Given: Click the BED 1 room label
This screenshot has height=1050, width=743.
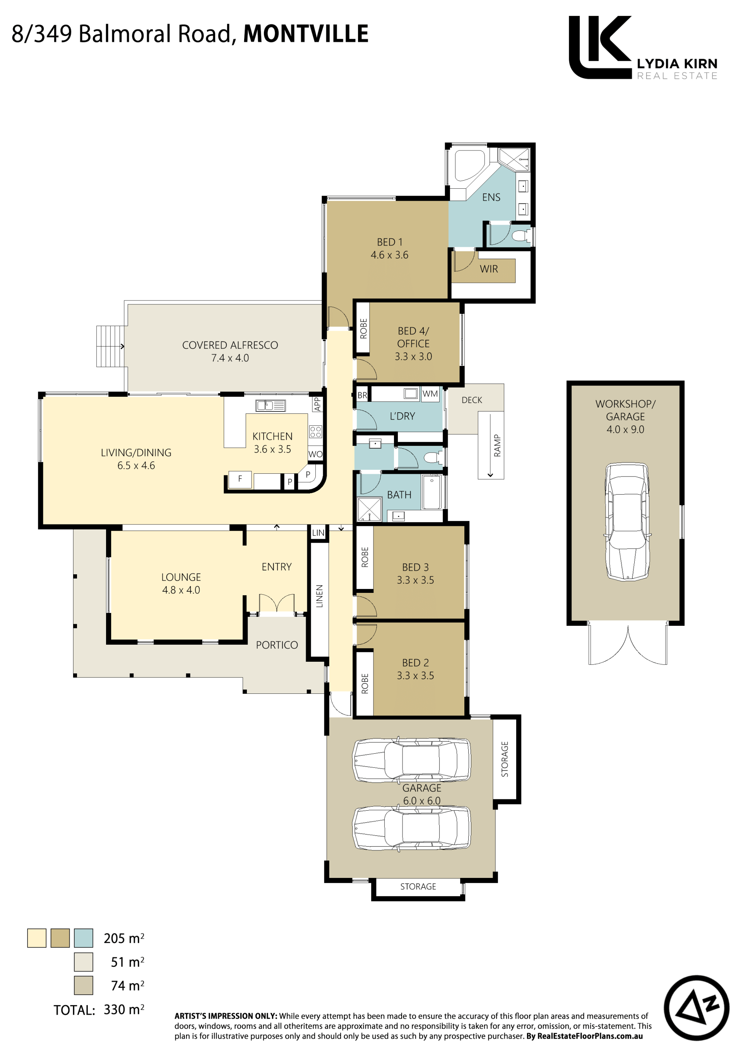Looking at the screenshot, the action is click(x=389, y=242).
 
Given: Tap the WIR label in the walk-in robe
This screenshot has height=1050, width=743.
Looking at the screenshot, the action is click(x=489, y=269).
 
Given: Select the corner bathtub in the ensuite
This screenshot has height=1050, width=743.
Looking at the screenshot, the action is click(x=469, y=166).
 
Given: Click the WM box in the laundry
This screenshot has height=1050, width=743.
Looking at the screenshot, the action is click(x=430, y=394).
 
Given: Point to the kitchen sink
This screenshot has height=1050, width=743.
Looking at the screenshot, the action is click(x=271, y=405).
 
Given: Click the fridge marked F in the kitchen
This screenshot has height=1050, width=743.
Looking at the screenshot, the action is click(x=240, y=479).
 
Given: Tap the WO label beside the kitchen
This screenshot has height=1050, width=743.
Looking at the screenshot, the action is click(x=315, y=454).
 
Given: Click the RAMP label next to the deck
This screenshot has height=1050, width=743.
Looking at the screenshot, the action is click(x=497, y=446).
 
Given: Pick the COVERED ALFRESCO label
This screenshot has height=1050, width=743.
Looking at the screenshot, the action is click(x=230, y=345).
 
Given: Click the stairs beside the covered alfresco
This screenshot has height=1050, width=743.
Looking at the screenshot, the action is click(x=110, y=346).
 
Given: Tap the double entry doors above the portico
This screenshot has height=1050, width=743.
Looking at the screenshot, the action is click(x=277, y=603).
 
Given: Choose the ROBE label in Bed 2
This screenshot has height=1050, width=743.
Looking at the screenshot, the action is click(x=365, y=684).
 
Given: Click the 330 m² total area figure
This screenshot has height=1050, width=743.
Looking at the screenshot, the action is click(x=124, y=1009).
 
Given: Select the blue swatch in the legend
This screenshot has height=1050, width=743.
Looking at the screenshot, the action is click(x=84, y=938).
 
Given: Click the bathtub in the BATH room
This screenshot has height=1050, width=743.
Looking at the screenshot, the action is click(x=432, y=492).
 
